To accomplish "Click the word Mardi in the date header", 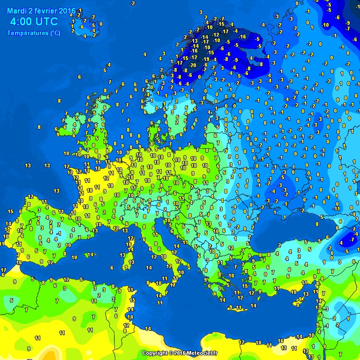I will coord(17,11).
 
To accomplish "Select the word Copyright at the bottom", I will coord(155,353).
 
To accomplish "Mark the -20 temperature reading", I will coord(193,65).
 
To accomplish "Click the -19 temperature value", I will coord(206,59).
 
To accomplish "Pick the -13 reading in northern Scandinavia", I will coord(195,41).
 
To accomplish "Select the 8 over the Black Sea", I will coord(317,224).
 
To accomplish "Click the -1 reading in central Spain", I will coord(58,233).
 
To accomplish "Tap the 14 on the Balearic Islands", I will coord(90,255).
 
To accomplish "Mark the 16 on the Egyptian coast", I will coord(280,341).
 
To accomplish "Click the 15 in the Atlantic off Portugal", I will coord(10,211).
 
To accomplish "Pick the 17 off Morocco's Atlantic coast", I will coord(4,270).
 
